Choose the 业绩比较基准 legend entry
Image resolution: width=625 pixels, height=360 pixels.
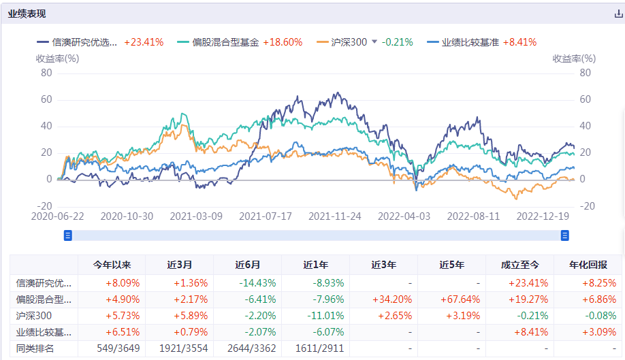click(470, 42)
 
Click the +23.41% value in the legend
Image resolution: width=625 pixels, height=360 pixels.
click(144, 42)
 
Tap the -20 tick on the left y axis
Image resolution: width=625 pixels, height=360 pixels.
click(44, 206)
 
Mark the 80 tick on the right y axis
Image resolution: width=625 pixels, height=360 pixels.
click(585, 73)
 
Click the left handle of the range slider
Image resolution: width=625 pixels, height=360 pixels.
click(68, 235)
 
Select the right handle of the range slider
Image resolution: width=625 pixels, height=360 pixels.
click(564, 235)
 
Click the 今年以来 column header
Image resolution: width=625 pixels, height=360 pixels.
click(112, 265)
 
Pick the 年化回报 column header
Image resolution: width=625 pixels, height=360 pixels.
click(588, 265)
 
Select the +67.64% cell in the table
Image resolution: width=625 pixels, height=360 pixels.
click(452, 299)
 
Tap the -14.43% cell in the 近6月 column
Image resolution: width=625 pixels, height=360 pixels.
click(248, 282)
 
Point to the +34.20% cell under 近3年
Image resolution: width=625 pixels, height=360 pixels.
click(384, 299)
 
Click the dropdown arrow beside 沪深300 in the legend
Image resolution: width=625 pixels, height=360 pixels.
click(374, 42)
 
